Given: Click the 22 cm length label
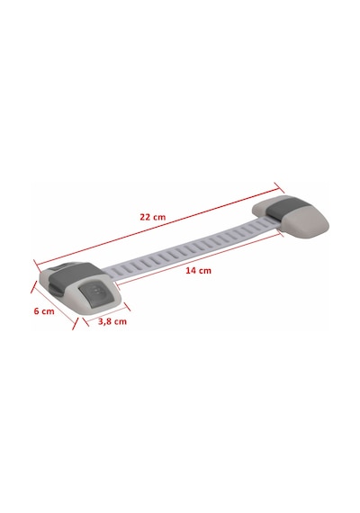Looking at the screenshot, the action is (153, 217).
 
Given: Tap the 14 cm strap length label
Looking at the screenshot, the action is (199, 271).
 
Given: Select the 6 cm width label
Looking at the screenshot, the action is (44, 310).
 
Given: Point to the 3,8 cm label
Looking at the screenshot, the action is (112, 321).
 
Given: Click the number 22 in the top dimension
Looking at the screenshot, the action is (145, 217).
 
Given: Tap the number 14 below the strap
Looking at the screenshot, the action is (191, 271).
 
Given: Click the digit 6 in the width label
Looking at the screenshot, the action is (37, 310).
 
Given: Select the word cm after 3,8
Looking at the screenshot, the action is (120, 321).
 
